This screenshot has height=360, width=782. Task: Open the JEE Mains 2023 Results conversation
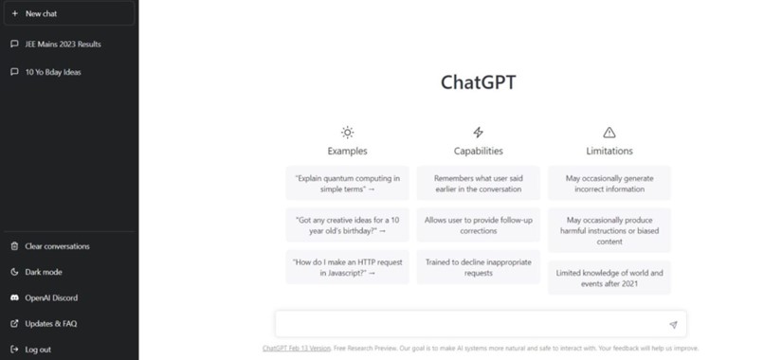tap(63, 44)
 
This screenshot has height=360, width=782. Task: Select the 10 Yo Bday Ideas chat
tap(53, 71)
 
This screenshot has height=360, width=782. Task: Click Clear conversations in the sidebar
tap(57, 246)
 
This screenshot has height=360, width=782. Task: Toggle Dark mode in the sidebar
tap(44, 272)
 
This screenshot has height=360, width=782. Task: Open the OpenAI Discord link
tap(51, 297)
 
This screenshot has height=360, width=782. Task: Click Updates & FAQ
tap(51, 323)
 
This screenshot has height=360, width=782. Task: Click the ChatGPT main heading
tap(479, 81)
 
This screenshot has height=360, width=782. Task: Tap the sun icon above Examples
tap(348, 133)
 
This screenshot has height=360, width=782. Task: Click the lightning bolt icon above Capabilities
tap(478, 133)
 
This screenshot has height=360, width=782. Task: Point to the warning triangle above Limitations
tap(609, 133)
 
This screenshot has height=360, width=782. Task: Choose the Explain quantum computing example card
tap(347, 183)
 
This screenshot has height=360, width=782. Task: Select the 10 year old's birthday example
tap(347, 225)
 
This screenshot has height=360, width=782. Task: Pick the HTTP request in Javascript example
tap(347, 267)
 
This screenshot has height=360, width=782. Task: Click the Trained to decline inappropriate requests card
tap(478, 267)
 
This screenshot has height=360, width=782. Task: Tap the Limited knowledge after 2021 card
tap(609, 278)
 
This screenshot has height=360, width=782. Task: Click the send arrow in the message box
tap(673, 325)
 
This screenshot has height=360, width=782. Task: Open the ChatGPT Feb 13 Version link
tap(297, 349)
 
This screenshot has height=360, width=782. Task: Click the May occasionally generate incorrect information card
tap(609, 183)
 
